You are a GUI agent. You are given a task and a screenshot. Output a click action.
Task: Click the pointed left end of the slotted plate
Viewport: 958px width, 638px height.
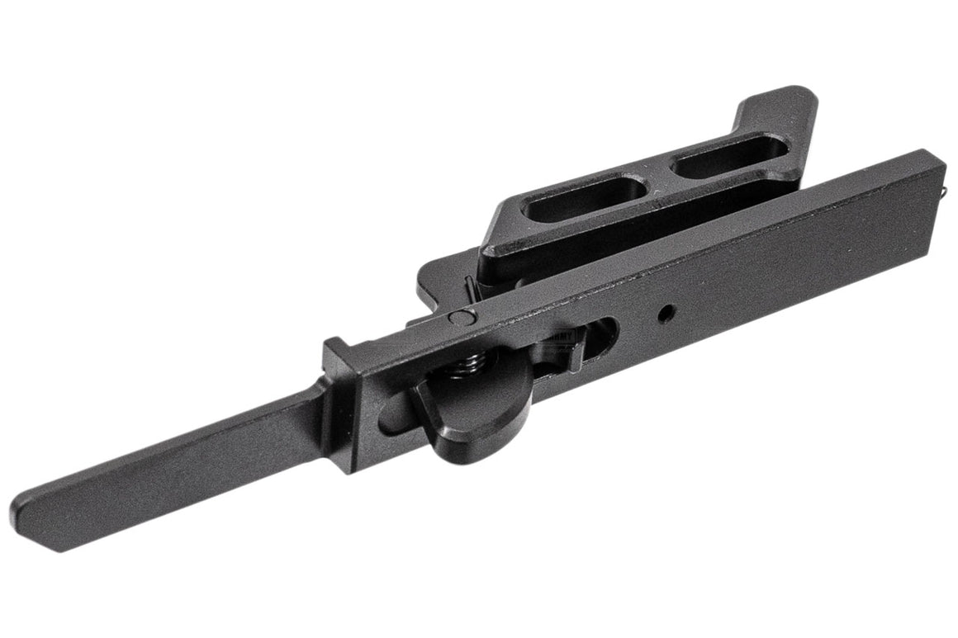click(x=487, y=248)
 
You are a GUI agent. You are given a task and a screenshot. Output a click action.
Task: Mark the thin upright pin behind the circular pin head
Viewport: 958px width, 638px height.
click(x=469, y=289)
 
